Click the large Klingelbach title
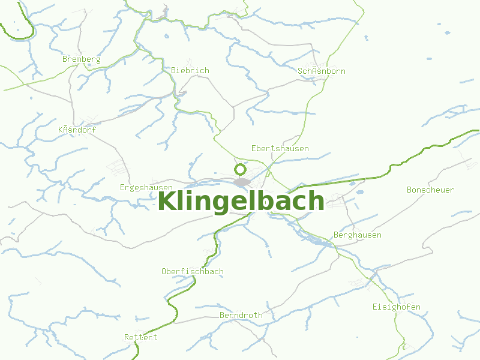[x=241, y=202]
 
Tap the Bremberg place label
[x=81, y=59]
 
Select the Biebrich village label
[x=190, y=71]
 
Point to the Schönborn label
[x=322, y=71]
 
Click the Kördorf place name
[x=77, y=130]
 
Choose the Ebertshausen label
[x=280, y=148]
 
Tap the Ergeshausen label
[x=146, y=187]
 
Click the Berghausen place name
[x=357, y=235]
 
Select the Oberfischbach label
[x=192, y=272]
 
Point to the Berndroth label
[x=241, y=315]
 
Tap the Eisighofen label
[x=396, y=307]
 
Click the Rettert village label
[x=140, y=337]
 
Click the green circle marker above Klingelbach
[x=241, y=169]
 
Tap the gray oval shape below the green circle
[x=242, y=182]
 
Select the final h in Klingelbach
[x=316, y=202]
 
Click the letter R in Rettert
[x=127, y=337]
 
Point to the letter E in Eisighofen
[x=375, y=307]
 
